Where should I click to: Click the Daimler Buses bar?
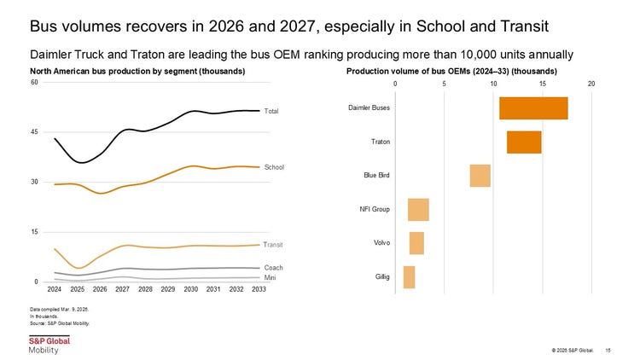(533, 108)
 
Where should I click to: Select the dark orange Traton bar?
(524, 142)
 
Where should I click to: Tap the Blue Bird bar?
(480, 176)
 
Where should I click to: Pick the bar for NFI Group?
(418, 210)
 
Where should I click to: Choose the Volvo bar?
(416, 243)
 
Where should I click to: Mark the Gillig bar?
(410, 277)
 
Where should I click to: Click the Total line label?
(271, 111)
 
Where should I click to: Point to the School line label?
(274, 167)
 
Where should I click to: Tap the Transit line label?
(273, 245)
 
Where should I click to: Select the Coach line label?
(273, 268)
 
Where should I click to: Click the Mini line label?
(270, 278)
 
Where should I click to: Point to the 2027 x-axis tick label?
(122, 289)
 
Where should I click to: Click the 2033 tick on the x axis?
(259, 289)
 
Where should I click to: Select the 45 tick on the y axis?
(34, 132)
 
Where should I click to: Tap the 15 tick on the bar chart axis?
(543, 84)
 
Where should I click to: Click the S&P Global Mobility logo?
(49, 345)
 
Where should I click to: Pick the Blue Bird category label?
(376, 176)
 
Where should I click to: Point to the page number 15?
(608, 351)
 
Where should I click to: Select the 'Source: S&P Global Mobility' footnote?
(60, 323)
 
